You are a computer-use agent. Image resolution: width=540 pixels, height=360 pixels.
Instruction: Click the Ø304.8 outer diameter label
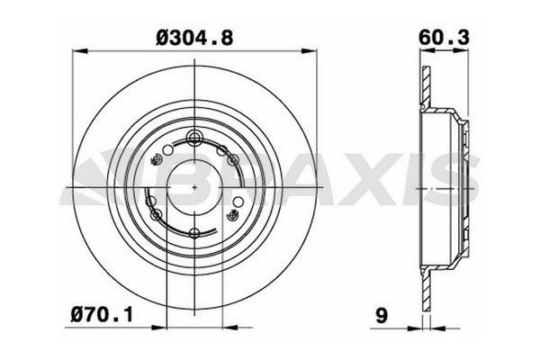point(194,38)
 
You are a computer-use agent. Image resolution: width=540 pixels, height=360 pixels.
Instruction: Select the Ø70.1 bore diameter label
point(102,314)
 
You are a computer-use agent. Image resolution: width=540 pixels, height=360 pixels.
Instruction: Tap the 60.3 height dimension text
point(444,37)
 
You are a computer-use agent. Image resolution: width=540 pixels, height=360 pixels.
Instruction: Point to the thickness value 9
point(382,315)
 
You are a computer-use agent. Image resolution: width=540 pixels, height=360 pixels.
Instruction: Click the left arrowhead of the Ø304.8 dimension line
point(79,51)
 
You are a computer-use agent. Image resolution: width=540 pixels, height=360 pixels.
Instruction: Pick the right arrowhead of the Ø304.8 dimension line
point(309,51)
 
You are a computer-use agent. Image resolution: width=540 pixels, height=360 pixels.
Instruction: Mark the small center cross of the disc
point(194,187)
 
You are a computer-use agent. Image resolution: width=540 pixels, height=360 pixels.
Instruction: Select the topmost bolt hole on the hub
point(194,137)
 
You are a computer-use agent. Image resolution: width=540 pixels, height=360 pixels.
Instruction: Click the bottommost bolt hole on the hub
point(195,233)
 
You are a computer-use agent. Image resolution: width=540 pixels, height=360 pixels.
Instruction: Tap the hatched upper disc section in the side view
point(427,86)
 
